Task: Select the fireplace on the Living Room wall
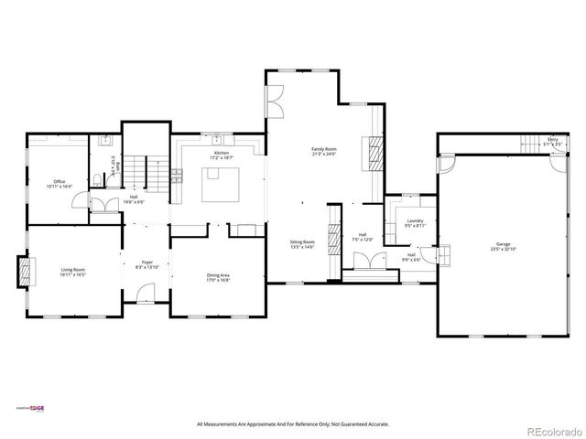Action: [x=25, y=269]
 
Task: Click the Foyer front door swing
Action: [x=141, y=294]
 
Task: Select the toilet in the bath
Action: [x=98, y=179]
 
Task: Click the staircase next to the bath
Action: [x=136, y=170]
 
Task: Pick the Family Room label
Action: [x=323, y=151]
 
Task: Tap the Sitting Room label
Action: [x=302, y=244]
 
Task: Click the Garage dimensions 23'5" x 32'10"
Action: [x=504, y=249]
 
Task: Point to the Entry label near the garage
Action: [x=551, y=141]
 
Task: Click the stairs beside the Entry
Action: [x=531, y=144]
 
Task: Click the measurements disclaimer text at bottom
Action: [x=293, y=424]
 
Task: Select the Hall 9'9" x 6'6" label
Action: [x=412, y=257]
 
